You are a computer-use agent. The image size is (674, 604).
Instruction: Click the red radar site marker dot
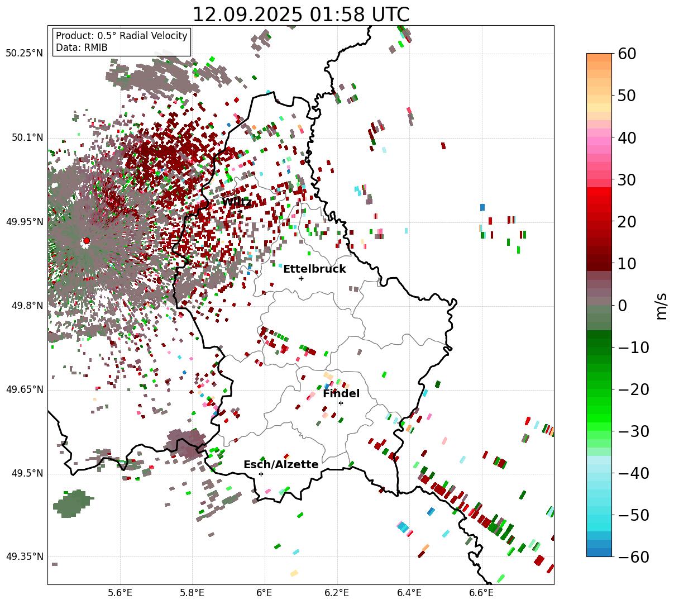pos(86,241)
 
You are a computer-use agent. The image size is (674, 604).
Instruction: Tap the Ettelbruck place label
pos(314,269)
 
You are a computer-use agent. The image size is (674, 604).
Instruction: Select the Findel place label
pos(341,394)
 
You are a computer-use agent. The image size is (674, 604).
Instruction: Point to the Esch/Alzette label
pos(281,465)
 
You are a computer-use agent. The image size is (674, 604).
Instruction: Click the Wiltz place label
pos(237,202)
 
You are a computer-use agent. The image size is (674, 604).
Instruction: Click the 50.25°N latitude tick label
pos(24,54)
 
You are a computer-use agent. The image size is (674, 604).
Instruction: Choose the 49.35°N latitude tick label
pos(24,557)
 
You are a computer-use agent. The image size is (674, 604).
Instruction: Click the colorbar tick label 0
pos(622,306)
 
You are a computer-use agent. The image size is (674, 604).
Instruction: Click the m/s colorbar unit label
pos(662,306)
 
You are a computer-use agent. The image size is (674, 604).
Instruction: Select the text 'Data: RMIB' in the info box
pos(82,47)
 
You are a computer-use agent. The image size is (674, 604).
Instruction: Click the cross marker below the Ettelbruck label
pos(301,278)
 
